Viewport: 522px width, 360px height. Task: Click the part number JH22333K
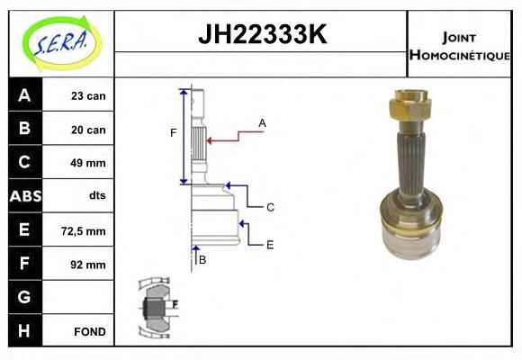(261, 36)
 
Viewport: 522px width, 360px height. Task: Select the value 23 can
(88, 96)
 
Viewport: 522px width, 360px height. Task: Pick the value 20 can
(88, 130)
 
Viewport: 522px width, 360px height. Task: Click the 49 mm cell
(88, 163)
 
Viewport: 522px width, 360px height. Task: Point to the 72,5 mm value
(87, 231)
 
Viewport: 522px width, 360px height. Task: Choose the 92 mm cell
(88, 265)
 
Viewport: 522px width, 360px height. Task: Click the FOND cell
(88, 332)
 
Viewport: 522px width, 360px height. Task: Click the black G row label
(24, 298)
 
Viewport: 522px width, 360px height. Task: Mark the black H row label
(24, 331)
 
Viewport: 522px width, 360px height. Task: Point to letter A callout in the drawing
(262, 122)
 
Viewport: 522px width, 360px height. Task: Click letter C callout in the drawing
(269, 208)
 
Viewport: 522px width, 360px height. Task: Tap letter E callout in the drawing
(269, 244)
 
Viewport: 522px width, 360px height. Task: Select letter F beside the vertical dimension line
(173, 133)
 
